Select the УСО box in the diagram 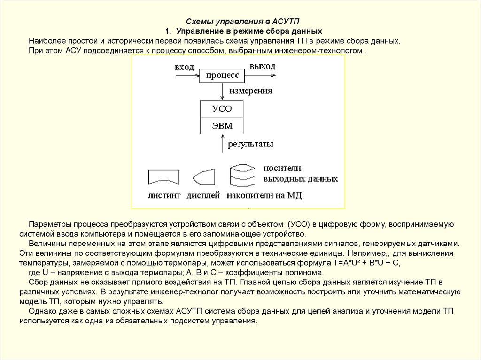click(x=222, y=108)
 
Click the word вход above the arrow click(x=184, y=67)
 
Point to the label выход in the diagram click(x=262, y=66)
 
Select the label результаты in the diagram click(x=250, y=144)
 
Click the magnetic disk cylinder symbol click(x=242, y=176)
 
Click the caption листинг click(x=164, y=196)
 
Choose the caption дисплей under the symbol click(x=203, y=196)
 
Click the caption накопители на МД click(x=264, y=196)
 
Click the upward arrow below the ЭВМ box click(x=222, y=143)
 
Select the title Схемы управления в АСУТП click(x=243, y=22)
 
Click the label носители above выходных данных click(x=282, y=168)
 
